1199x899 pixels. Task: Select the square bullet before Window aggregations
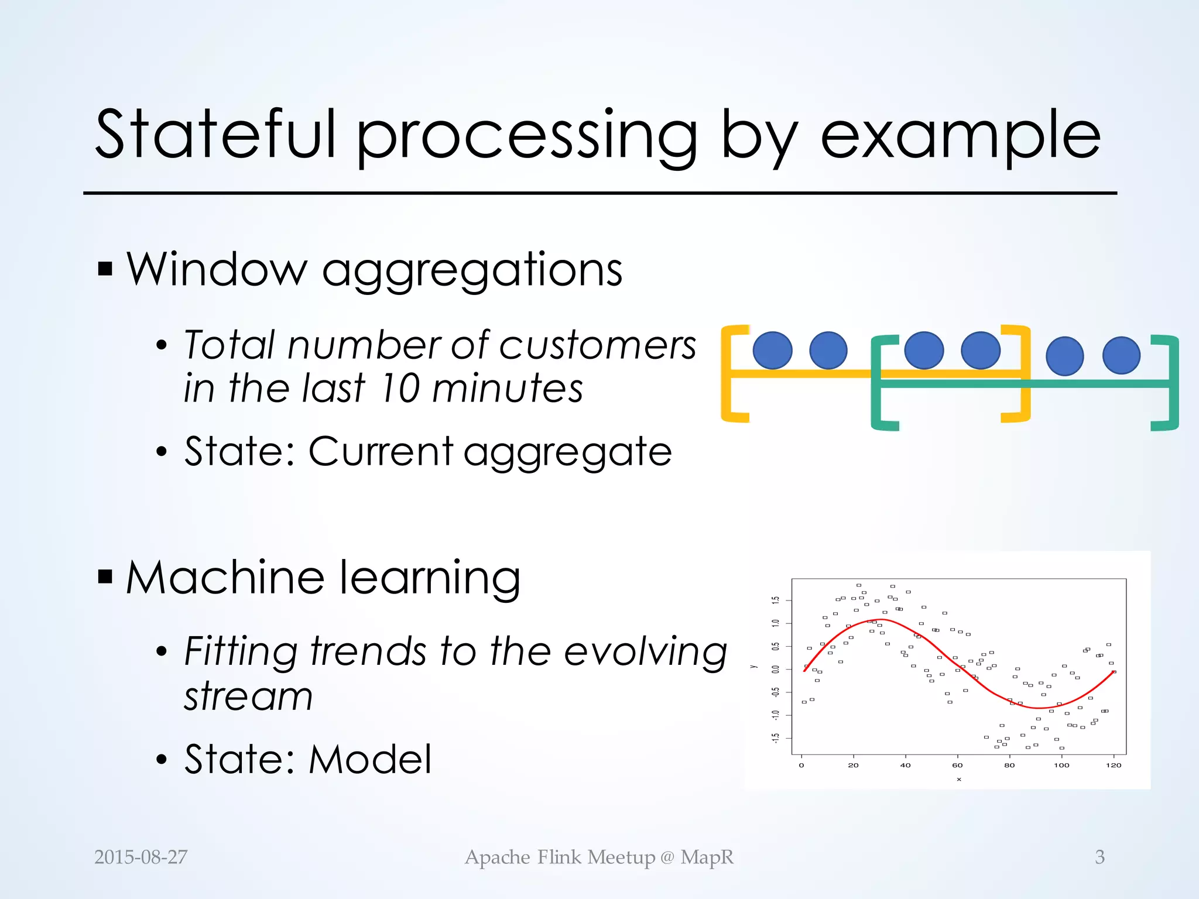(105, 269)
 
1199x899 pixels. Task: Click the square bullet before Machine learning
(105, 577)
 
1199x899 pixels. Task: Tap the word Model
(370, 760)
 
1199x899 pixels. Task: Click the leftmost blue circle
(772, 351)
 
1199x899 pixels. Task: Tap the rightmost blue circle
(1121, 355)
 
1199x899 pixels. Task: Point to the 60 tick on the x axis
(957, 766)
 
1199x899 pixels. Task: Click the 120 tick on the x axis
(1114, 766)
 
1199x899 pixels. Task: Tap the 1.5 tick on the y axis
(776, 600)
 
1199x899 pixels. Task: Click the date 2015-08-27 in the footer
(141, 857)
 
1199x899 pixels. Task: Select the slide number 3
(1099, 857)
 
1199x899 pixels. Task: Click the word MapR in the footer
(707, 857)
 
